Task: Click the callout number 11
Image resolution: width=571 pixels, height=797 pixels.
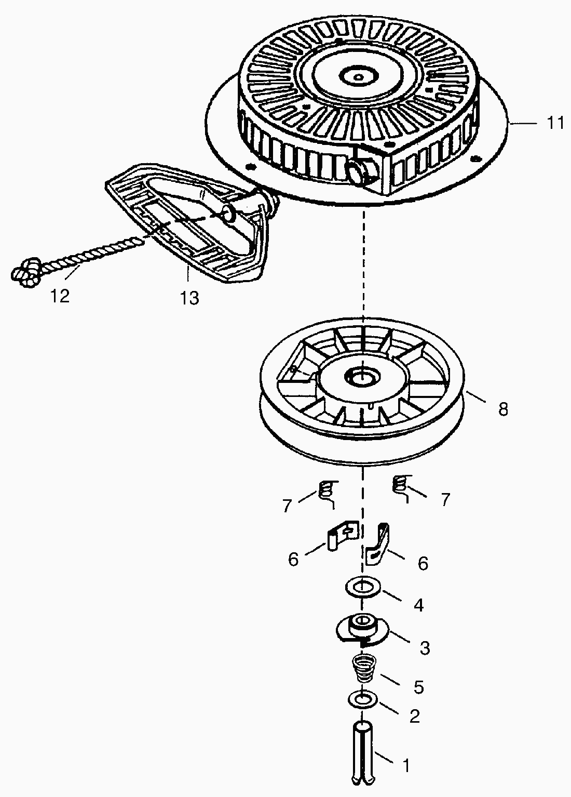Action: click(555, 124)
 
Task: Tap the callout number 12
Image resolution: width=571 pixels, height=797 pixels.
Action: click(60, 296)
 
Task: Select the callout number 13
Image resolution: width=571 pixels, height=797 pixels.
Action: click(189, 298)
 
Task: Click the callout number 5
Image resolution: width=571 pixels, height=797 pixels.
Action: click(418, 687)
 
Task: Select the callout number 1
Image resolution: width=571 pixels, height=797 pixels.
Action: click(406, 765)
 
